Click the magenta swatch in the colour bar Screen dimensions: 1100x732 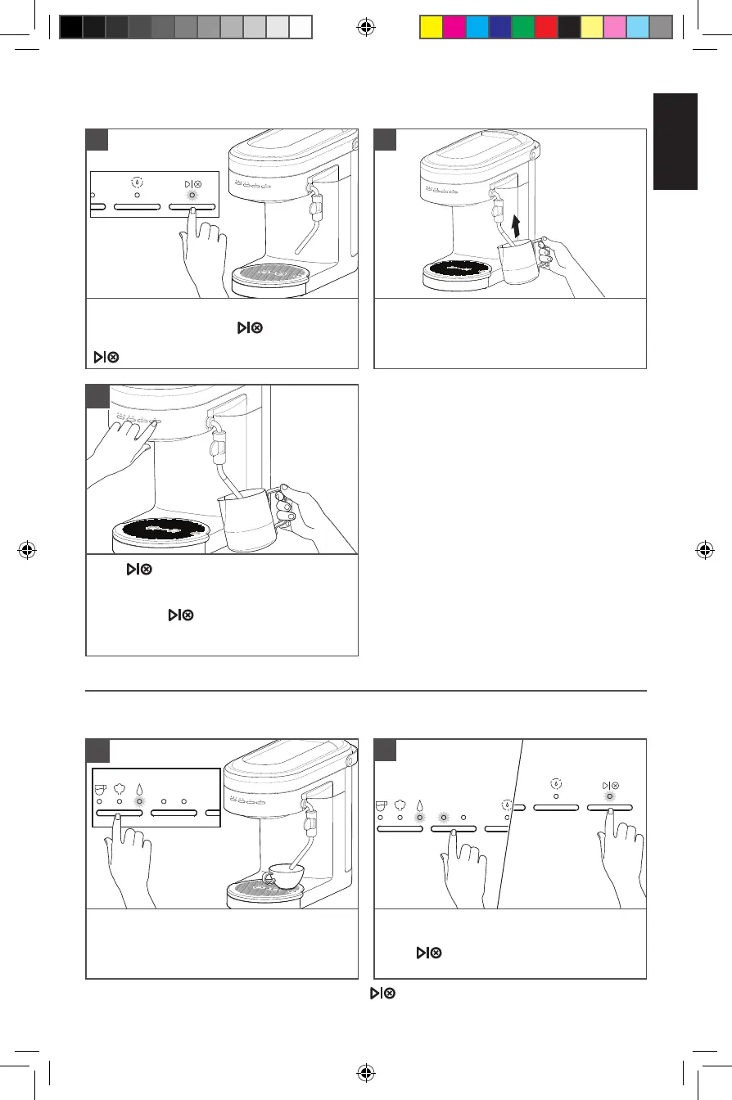pos(454,27)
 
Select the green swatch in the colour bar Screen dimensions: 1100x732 pos(522,27)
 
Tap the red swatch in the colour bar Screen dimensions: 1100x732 pos(545,27)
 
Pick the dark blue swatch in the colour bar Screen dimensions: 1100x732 pos(499,27)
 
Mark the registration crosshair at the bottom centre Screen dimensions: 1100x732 pos(366,1072)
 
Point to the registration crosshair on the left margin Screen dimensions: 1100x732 pos(27,550)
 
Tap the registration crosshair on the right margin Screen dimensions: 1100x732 pos(704,550)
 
